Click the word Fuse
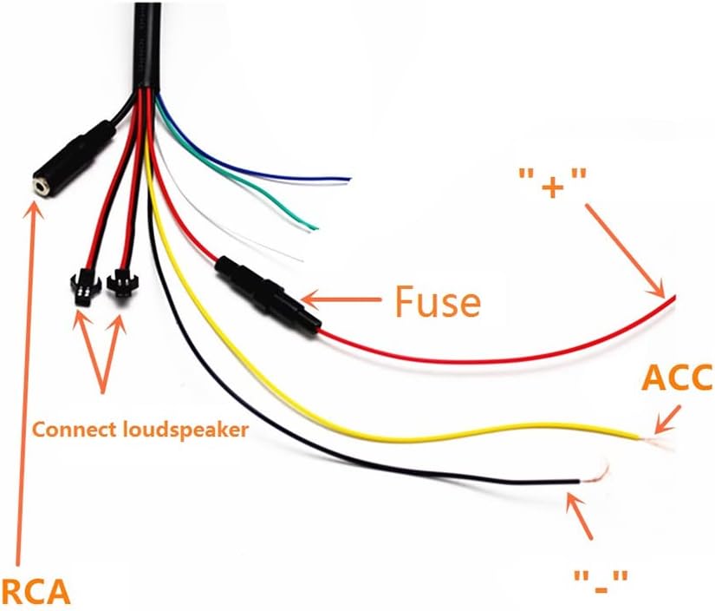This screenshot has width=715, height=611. pos(438,301)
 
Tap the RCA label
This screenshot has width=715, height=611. pos(36,591)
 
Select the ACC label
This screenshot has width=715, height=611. pos(677,378)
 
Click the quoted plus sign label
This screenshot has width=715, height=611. pos(553,183)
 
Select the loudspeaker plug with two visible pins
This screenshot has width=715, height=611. pos(82,286)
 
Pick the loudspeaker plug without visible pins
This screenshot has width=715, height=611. pos(120,284)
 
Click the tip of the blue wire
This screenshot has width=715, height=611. pos(349,179)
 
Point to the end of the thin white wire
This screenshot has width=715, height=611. pos(301,260)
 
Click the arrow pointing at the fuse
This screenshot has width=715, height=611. pos(341,300)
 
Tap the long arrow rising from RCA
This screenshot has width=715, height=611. pos(28,384)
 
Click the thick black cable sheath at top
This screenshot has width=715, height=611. pos(147,46)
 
